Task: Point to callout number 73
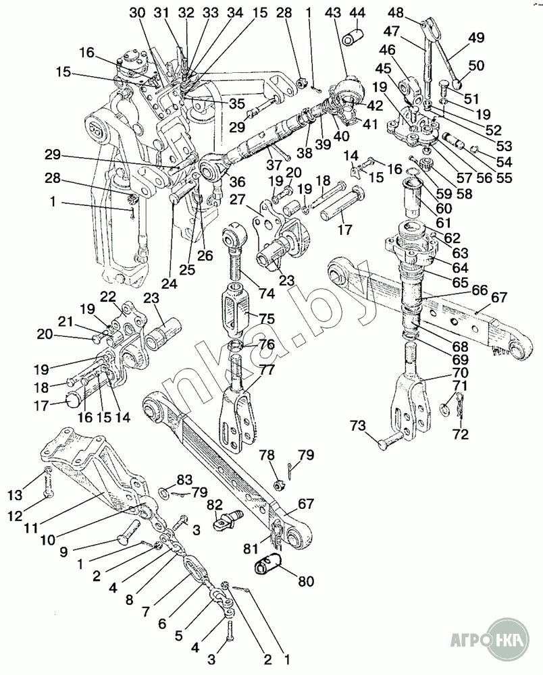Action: [358, 425]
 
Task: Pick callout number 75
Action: [267, 319]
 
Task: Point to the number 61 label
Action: [443, 222]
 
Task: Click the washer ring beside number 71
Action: [445, 407]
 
